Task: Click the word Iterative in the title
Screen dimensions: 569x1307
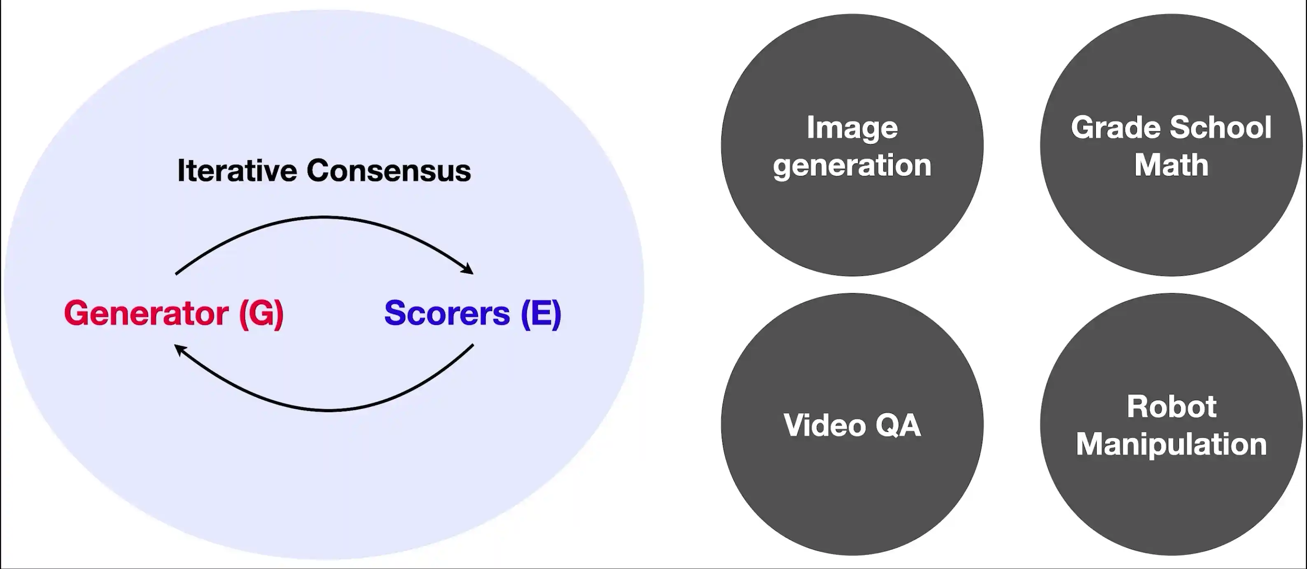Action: [237, 170]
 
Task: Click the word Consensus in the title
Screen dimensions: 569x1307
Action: [389, 170]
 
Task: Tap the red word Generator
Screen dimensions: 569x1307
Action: [146, 313]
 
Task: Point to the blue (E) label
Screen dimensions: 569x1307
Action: [541, 313]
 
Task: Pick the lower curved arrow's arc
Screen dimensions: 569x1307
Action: [329, 409]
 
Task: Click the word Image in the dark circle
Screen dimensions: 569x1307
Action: [852, 127]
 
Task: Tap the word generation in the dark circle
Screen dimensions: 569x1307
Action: [852, 166]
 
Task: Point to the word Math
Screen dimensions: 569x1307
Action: [1171, 166]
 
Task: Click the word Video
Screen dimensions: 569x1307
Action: [824, 425]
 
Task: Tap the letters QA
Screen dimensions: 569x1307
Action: [898, 425]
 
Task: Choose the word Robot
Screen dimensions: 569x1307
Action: [1172, 407]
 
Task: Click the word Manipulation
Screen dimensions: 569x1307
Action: [1172, 445]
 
